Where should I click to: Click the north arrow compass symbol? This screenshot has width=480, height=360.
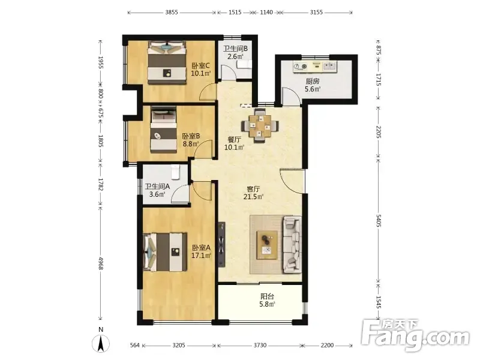point(101,343)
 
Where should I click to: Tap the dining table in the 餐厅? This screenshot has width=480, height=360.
point(260,125)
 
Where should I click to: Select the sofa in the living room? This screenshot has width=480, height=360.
point(292,244)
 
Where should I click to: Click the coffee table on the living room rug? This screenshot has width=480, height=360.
point(267,245)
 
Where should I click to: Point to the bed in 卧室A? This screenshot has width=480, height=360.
point(164,252)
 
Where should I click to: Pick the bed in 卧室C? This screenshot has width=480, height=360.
point(167,62)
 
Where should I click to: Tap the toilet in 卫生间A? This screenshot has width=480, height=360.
point(175,172)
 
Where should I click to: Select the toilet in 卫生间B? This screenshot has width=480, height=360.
point(244,64)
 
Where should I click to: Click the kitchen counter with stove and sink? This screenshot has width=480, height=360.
point(314,67)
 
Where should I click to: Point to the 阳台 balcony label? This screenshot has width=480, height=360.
point(267,296)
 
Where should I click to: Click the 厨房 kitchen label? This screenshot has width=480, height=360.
point(313,81)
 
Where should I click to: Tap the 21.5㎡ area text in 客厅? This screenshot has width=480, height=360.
point(253,197)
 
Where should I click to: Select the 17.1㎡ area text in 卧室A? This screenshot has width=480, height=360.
point(201,256)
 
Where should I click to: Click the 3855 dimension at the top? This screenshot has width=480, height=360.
point(172,13)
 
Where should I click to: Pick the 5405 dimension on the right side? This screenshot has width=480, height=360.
point(379,221)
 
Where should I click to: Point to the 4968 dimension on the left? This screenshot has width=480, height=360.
point(100,263)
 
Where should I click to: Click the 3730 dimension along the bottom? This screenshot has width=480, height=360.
point(260,346)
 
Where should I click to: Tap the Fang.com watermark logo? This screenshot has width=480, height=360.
point(415,335)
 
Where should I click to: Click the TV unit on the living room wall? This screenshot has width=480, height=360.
point(221,245)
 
